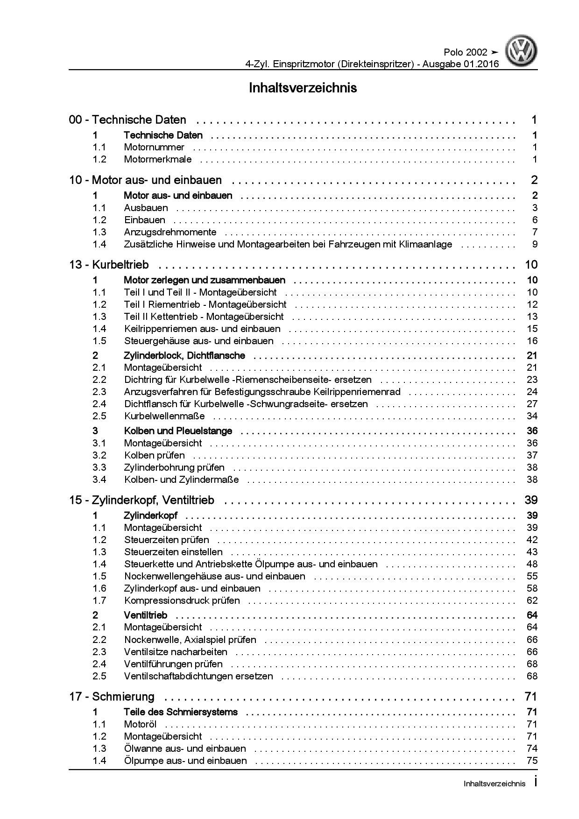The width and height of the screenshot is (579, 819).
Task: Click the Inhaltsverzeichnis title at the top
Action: point(303,88)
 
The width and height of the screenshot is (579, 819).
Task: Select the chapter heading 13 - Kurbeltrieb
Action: point(109,265)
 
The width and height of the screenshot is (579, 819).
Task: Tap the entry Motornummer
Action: point(154,148)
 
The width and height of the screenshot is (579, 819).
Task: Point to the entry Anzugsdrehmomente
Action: point(170,232)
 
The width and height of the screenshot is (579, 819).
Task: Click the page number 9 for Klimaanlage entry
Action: point(535,244)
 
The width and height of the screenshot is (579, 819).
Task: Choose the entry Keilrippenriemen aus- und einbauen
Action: point(202,329)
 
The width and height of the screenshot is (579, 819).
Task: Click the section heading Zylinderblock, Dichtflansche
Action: point(184,355)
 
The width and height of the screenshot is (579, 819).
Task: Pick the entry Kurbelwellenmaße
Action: point(164,416)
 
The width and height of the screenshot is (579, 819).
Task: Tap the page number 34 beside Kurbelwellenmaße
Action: point(532,416)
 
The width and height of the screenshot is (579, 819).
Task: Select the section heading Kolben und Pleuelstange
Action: point(177,431)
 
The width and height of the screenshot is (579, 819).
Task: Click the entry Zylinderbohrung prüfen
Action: point(174,467)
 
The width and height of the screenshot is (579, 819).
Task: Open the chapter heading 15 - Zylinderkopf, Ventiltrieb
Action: point(141,500)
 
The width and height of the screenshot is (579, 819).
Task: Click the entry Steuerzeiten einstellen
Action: point(167,552)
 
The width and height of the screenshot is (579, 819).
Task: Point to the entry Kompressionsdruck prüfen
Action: point(182,600)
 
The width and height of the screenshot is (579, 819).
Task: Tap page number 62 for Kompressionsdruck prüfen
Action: point(532,600)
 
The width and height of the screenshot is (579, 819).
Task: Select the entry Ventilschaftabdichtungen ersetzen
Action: point(198,676)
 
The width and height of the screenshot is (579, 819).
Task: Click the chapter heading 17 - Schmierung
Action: point(112,697)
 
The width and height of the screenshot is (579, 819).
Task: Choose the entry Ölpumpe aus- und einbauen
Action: point(185,761)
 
